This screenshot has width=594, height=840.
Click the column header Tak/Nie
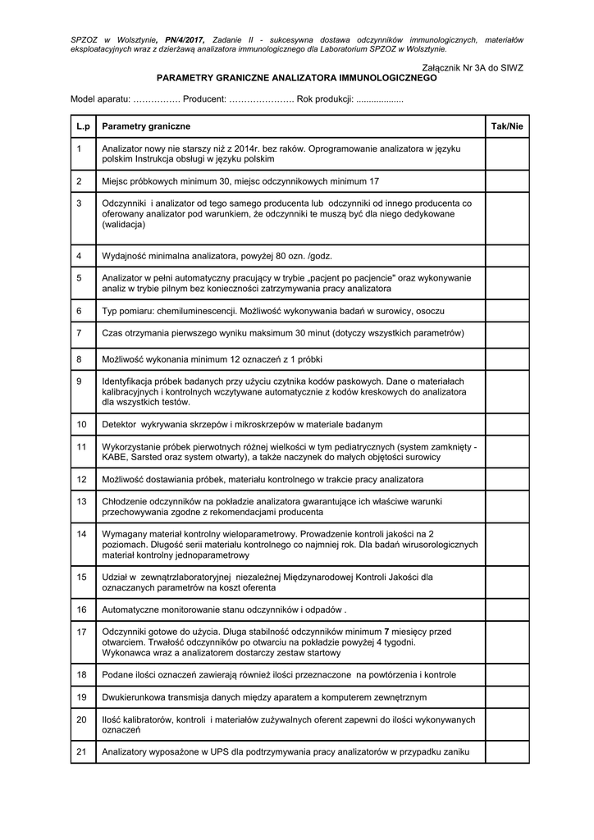(506, 126)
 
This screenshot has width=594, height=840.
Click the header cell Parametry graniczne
(146, 126)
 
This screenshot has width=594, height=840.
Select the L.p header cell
(82, 126)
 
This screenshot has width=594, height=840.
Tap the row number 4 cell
(79, 256)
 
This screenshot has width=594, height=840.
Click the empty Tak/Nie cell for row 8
(506, 359)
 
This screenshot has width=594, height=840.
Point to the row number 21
(81, 751)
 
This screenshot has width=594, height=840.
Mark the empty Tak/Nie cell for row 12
(506, 477)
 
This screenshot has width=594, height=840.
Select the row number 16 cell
(81, 610)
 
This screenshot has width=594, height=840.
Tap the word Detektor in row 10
(119, 424)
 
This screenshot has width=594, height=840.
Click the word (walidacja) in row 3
(124, 224)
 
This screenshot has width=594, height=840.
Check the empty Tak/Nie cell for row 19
(506, 696)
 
